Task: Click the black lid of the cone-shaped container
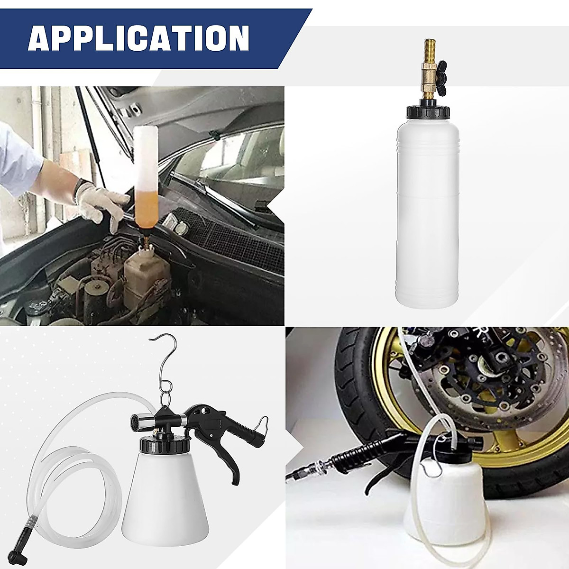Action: click(164, 446)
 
